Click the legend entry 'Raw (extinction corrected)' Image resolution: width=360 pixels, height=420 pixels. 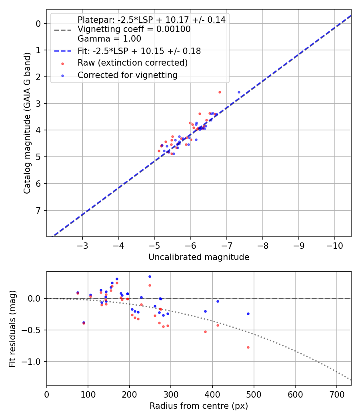pyautogui.click(x=132, y=63)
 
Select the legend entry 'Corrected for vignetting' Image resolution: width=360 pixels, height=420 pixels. pyautogui.click(x=127, y=75)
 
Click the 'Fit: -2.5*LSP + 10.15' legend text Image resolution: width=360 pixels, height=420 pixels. pyautogui.click(x=139, y=51)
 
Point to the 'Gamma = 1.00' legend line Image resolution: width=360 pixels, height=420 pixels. pyautogui.click(x=109, y=39)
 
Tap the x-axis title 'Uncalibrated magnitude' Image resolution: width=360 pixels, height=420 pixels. pyautogui.click(x=199, y=257)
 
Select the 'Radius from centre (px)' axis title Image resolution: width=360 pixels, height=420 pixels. pyautogui.click(x=199, y=406)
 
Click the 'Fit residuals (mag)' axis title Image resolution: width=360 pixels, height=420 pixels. pyautogui.click(x=12, y=329)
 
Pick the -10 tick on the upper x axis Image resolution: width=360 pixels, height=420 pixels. pyautogui.click(x=334, y=245)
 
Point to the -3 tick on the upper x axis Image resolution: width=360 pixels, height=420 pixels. pyautogui.click(x=83, y=245)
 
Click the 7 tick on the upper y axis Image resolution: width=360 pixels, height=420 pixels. pyautogui.click(x=38, y=210)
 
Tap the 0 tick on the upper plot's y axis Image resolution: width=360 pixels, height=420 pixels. pyautogui.click(x=38, y=24)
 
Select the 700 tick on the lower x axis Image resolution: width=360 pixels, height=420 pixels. pyautogui.click(x=336, y=394)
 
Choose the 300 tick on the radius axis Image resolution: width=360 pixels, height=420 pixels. pyautogui.click(x=171, y=394)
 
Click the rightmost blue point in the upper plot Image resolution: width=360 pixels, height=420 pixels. pyautogui.click(x=239, y=92)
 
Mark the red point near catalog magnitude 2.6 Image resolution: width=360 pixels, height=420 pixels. pyautogui.click(x=220, y=92)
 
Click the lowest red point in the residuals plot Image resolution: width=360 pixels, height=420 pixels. pyautogui.click(x=248, y=347)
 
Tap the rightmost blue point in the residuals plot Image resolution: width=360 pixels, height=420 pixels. pyautogui.click(x=248, y=314)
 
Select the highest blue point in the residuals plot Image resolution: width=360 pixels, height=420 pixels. pyautogui.click(x=150, y=276)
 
